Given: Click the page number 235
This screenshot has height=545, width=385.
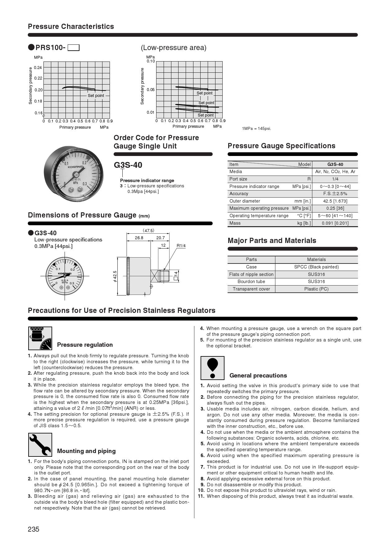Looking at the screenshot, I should (34, 529).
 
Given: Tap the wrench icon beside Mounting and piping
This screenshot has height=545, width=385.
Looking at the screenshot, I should (40, 445).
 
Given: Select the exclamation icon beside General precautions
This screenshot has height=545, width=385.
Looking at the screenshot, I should (212, 368).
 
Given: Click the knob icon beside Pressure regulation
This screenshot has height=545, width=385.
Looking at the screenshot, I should (40, 338).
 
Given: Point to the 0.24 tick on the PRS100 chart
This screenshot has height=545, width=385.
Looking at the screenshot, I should (38, 67).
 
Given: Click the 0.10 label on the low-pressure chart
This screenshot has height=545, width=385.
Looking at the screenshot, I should (151, 61).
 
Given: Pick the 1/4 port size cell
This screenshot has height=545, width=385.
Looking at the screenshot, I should (335, 179).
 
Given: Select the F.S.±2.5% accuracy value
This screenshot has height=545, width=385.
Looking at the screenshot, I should (335, 194).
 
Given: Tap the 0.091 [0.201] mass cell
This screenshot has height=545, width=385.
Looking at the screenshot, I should (335, 223).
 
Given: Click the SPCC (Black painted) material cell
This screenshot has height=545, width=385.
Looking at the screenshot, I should (316, 267).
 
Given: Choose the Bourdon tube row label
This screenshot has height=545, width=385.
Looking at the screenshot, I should (251, 282).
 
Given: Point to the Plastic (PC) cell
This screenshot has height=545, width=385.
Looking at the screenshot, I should (316, 289).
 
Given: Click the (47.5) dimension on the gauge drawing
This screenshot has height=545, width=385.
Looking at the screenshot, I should (148, 231).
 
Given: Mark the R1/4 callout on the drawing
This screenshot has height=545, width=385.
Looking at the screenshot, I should (181, 246).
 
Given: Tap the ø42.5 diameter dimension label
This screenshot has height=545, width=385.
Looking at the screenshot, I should (115, 276).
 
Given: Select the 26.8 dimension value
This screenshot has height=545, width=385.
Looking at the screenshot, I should (139, 238).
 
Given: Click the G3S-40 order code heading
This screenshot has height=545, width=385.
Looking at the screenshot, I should (128, 165).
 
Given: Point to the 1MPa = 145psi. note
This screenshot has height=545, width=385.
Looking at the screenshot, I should (256, 129).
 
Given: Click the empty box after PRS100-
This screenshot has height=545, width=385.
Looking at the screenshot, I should (74, 48).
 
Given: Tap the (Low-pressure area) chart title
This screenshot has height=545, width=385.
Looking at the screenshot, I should (174, 48).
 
